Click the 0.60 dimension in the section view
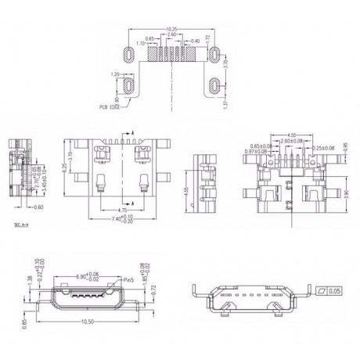(x=40, y=207)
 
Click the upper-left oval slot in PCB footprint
(x=129, y=52)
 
